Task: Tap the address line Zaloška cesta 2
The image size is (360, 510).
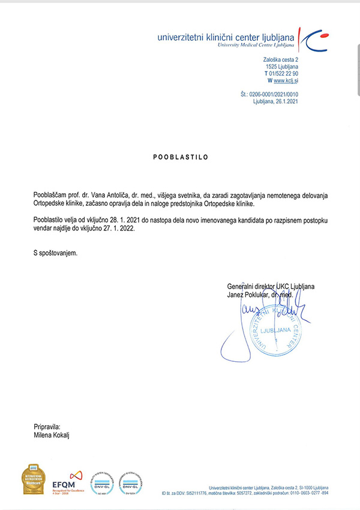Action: point(280,60)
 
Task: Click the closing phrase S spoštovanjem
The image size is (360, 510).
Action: point(56,253)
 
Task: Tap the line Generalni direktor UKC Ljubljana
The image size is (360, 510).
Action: point(271,287)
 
